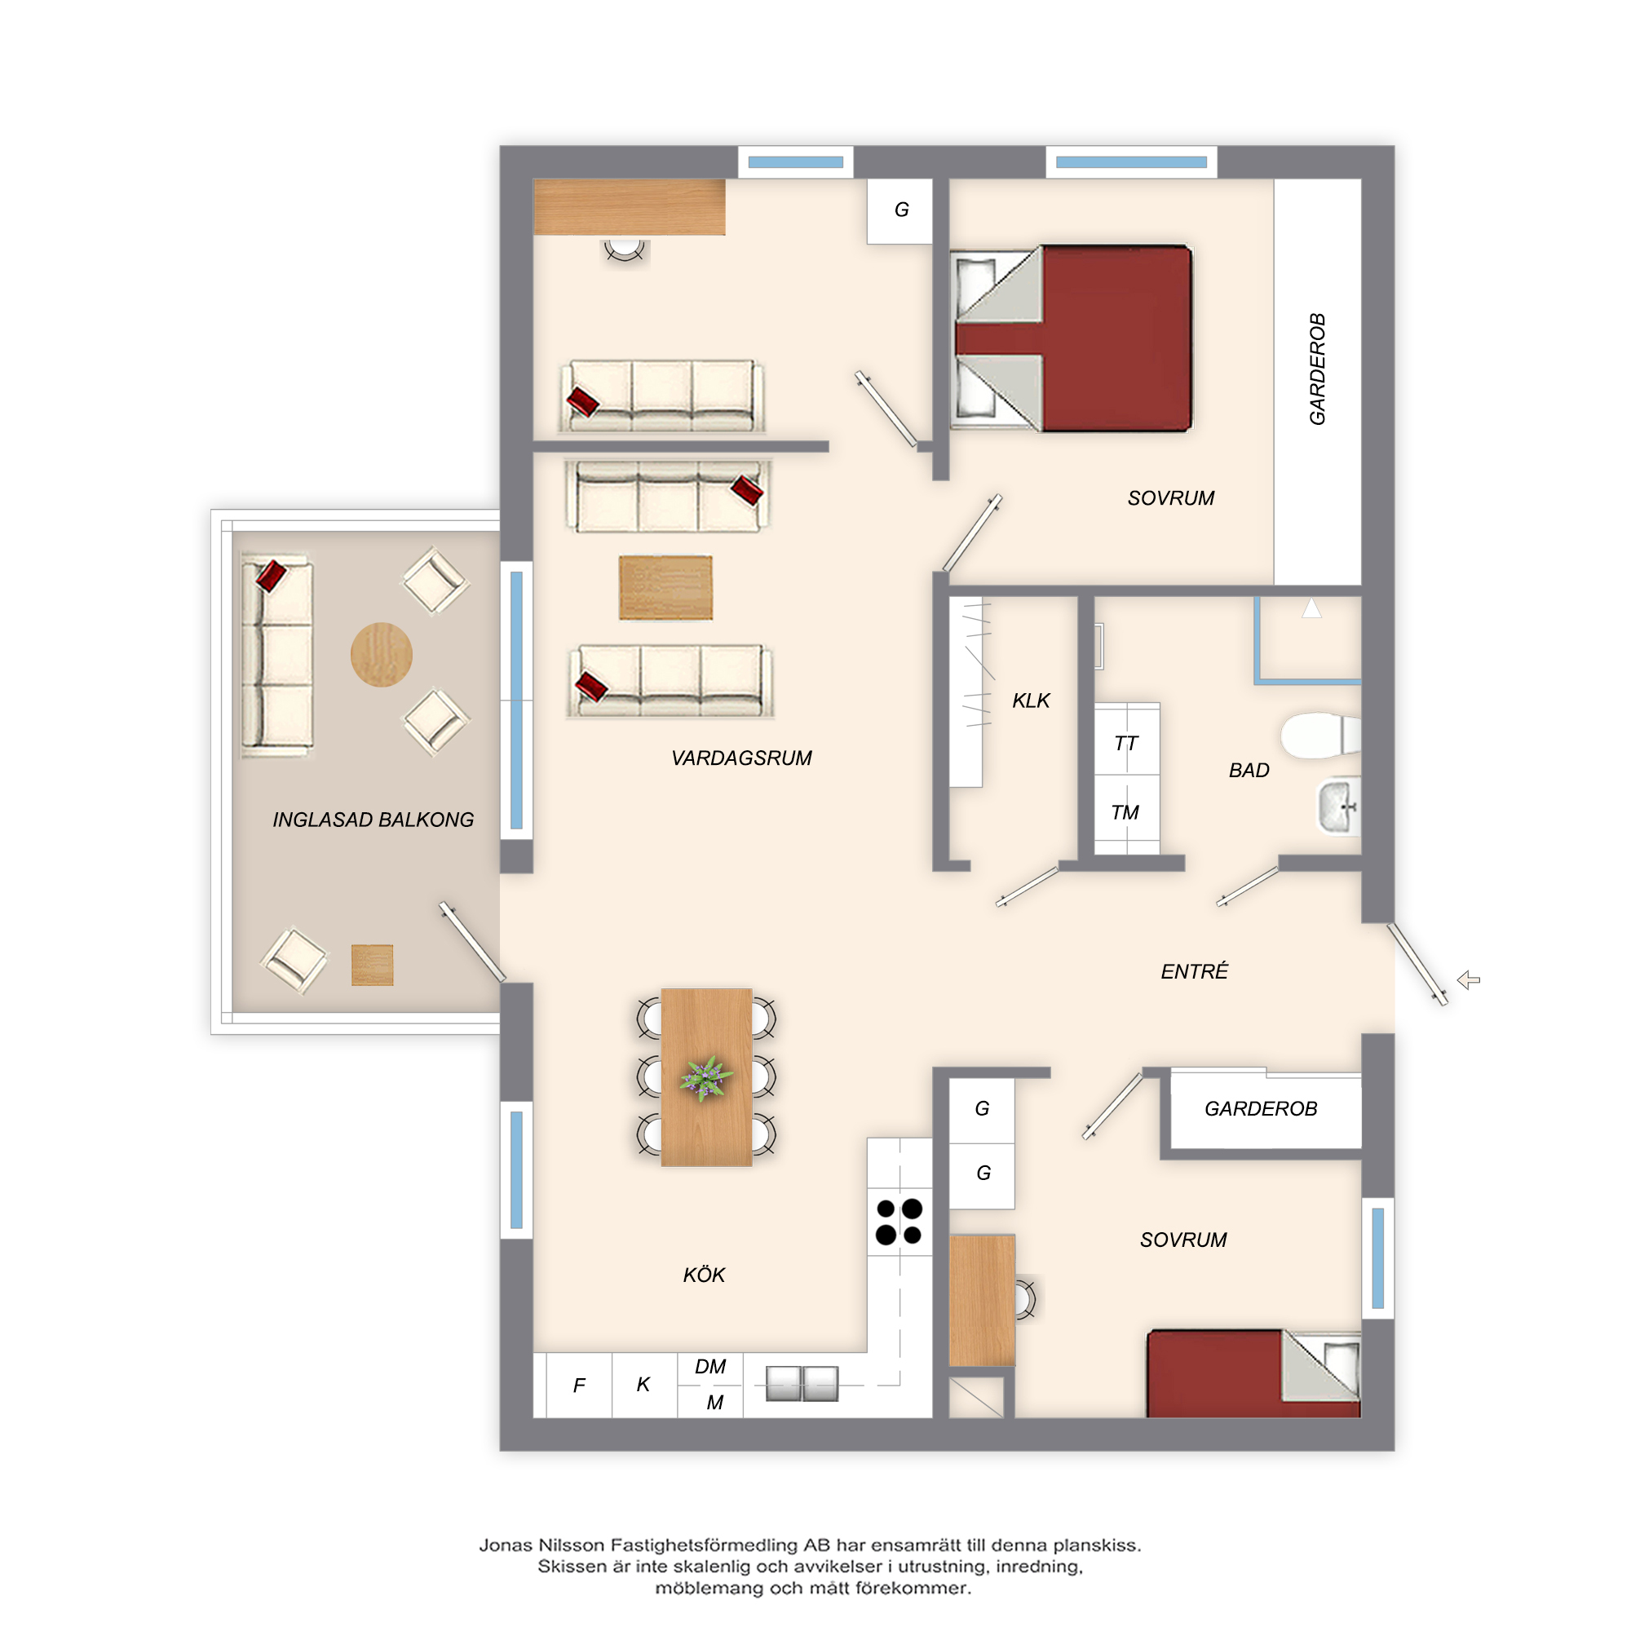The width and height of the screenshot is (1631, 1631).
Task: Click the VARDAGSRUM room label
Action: click(741, 758)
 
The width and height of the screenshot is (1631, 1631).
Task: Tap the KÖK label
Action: click(704, 1275)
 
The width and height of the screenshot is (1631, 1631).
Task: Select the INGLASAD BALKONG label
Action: click(373, 820)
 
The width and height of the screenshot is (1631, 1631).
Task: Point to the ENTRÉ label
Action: click(1194, 972)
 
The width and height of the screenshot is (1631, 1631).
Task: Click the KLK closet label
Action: click(1031, 701)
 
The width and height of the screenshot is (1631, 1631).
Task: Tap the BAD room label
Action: click(1249, 771)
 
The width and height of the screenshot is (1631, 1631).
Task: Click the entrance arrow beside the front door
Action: click(1469, 980)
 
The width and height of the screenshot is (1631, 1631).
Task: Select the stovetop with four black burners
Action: click(899, 1222)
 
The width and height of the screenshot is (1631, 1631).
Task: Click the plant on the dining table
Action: click(705, 1079)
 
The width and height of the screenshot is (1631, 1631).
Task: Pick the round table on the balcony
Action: click(382, 654)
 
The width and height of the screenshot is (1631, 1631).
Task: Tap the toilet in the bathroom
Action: click(1320, 736)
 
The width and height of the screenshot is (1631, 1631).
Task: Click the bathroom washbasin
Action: click(1339, 807)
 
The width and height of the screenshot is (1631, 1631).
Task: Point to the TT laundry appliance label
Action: click(1126, 743)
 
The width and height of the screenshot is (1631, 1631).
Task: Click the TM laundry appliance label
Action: click(1125, 812)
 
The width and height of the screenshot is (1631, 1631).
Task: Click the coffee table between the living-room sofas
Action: click(666, 587)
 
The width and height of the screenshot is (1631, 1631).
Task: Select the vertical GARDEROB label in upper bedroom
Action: click(1318, 369)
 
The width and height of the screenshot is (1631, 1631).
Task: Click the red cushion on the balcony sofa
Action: click(271, 576)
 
